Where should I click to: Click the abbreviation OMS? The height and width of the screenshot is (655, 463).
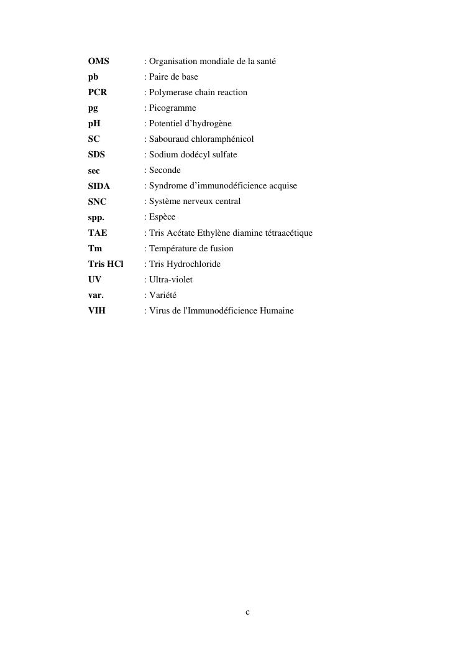point(98,61)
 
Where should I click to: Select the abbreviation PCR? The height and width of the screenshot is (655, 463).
point(98,92)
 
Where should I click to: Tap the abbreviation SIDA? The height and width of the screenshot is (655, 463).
point(99,186)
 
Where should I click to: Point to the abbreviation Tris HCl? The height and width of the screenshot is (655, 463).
point(106,264)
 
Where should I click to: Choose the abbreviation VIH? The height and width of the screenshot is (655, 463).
point(97,310)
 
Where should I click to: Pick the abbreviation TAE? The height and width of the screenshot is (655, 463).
point(98,233)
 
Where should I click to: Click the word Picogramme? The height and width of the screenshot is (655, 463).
point(172,108)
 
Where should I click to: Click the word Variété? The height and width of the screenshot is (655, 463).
point(163,295)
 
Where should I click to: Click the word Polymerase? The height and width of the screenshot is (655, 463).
point(170,92)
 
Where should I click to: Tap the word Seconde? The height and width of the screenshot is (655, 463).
point(165,170)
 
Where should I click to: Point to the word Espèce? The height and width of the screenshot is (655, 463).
point(162,217)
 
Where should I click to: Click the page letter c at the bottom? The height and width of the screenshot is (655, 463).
point(247,613)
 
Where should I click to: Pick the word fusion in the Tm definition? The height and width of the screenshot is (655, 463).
point(221,248)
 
